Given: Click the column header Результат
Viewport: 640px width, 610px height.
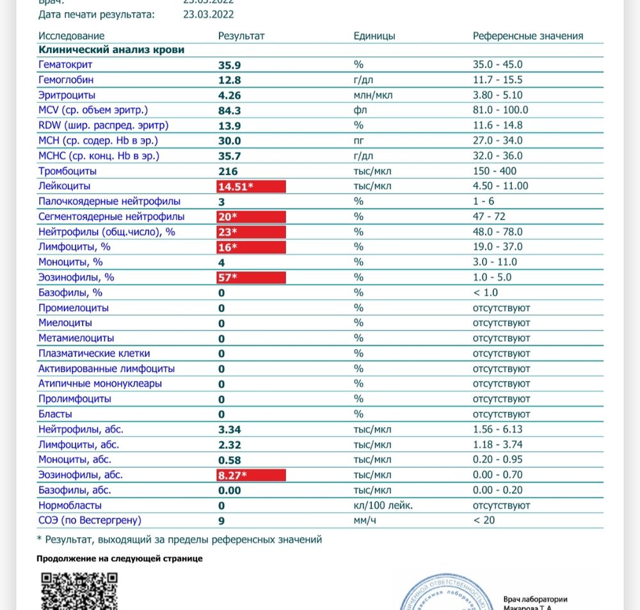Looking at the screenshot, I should (241, 36).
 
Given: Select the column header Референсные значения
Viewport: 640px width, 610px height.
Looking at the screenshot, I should (528, 36).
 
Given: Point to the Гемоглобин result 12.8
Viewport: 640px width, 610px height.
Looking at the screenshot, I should (230, 80).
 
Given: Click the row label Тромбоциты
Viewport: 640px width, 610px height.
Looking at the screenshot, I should (67, 171).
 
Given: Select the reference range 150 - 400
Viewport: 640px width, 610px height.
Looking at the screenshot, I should (495, 171).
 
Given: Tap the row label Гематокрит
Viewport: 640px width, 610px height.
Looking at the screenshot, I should (65, 65).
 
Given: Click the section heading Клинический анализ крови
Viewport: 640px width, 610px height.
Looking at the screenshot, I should (112, 50).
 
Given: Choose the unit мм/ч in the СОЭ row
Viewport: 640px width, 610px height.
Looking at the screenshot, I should (364, 520).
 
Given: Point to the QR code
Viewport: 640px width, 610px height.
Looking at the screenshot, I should (79, 590).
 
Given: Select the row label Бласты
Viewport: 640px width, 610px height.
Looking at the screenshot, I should (55, 414).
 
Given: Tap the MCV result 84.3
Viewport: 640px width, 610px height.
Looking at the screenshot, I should (230, 111).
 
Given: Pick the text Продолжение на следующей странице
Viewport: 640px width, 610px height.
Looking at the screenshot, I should (120, 558).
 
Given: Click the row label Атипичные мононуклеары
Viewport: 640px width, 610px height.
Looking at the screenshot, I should (100, 384).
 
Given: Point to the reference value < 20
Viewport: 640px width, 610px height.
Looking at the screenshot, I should (484, 520).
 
